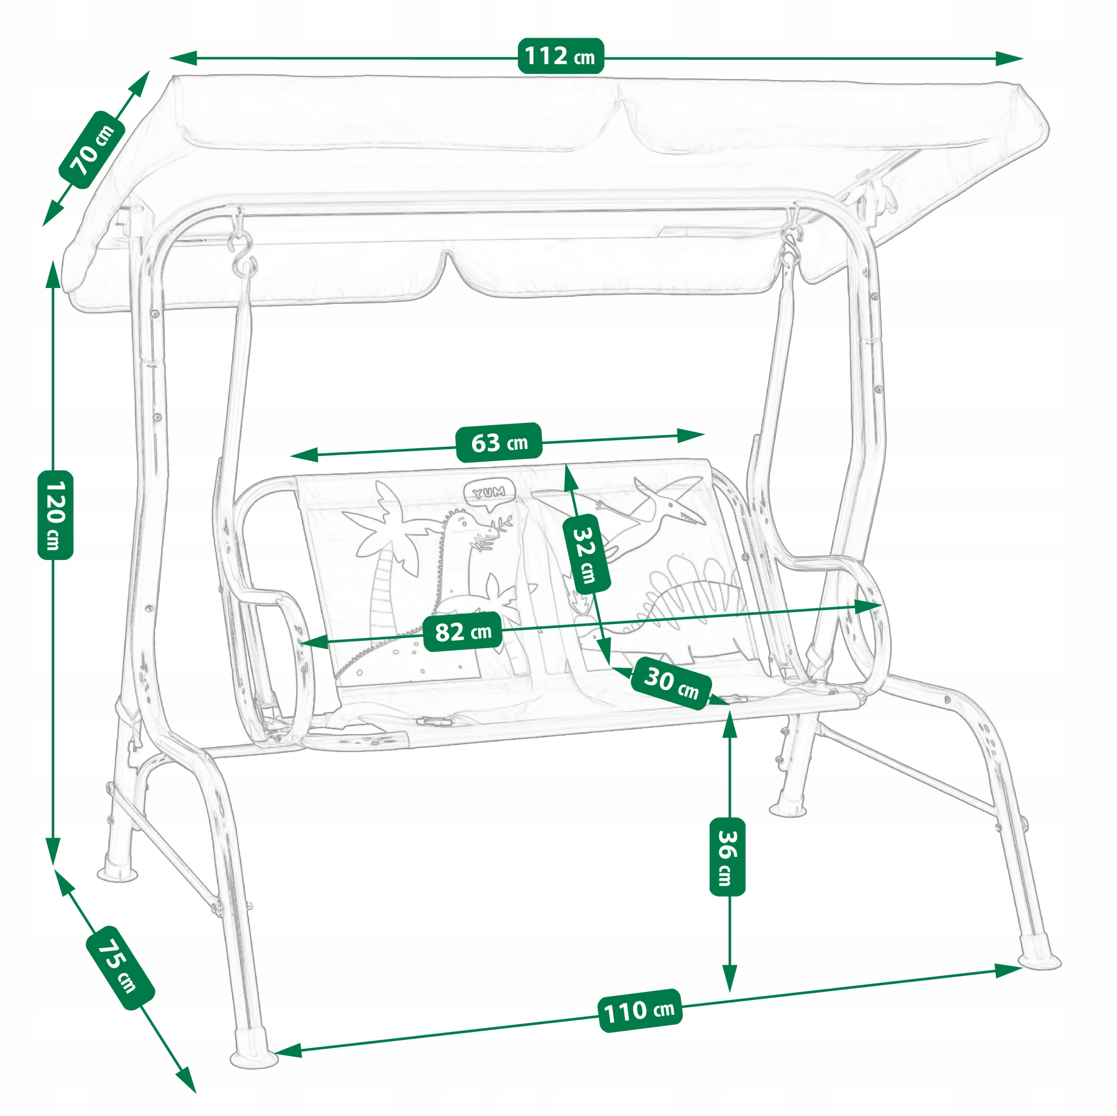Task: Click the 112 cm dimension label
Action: pyautogui.click(x=560, y=56)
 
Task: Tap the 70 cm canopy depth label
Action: pyautogui.click(x=93, y=150)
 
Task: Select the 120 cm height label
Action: pyautogui.click(x=55, y=515)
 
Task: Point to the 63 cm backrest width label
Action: pyautogui.click(x=498, y=443)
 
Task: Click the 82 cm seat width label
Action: pyautogui.click(x=463, y=632)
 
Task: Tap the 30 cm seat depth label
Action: pyautogui.click(x=671, y=682)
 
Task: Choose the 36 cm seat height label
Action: pyautogui.click(x=727, y=857)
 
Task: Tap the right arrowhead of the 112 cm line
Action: pyautogui.click(x=1009, y=58)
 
